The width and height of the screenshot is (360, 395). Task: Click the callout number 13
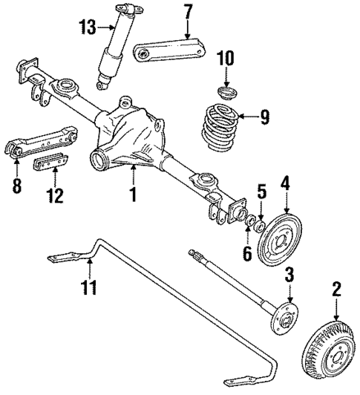(x=88, y=28)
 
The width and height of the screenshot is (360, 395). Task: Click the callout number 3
(x=289, y=276)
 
